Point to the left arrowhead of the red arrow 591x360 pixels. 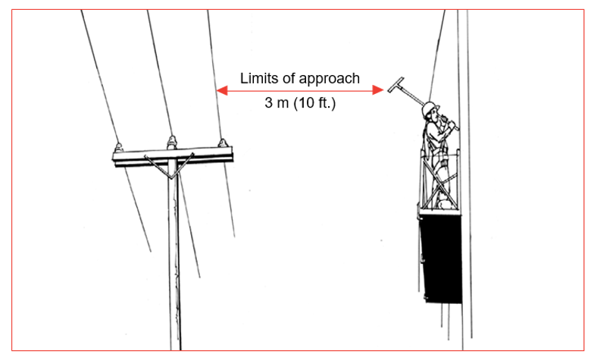[220, 91]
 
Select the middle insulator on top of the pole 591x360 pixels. [173, 141]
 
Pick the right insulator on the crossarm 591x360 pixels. [222, 142]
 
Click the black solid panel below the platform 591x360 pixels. [440, 258]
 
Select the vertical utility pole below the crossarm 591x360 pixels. [175, 265]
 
